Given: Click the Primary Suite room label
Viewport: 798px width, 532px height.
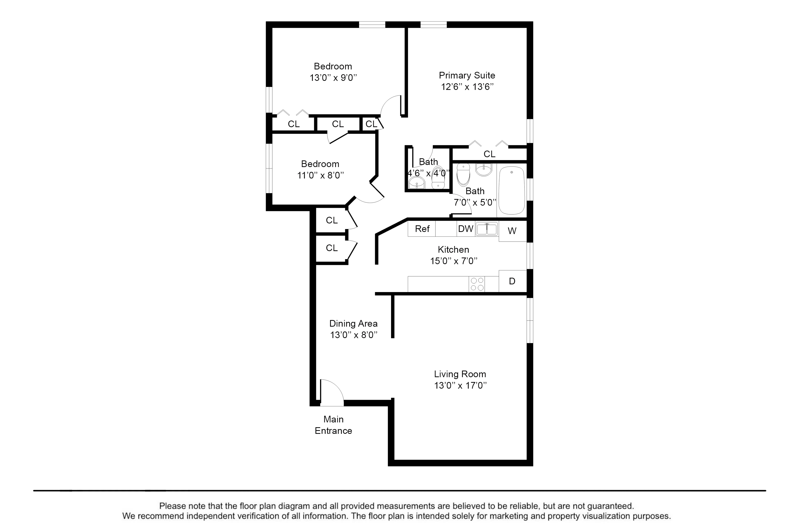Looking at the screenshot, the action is pyautogui.click(x=467, y=75).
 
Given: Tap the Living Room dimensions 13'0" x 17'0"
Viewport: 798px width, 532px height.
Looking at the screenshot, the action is pyautogui.click(x=460, y=385).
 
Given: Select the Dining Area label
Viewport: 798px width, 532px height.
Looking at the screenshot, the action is pyautogui.click(x=353, y=323).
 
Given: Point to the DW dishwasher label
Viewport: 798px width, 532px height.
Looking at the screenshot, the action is pyautogui.click(x=465, y=229).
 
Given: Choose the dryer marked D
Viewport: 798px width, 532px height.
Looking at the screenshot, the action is pyautogui.click(x=512, y=281).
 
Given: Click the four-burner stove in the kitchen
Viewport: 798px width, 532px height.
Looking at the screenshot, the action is pyautogui.click(x=477, y=284).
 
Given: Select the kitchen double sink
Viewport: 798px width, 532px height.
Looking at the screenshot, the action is pyautogui.click(x=487, y=229).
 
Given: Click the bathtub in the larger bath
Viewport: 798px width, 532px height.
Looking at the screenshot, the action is pyautogui.click(x=512, y=190).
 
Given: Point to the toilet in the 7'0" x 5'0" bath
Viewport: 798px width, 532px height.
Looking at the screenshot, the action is pyautogui.click(x=463, y=174).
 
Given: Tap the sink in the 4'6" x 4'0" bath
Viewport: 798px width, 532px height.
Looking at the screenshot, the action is pyautogui.click(x=417, y=183).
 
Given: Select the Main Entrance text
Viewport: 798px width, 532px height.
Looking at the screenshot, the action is pyautogui.click(x=333, y=425).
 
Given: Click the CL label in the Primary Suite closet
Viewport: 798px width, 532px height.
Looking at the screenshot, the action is pyautogui.click(x=489, y=154).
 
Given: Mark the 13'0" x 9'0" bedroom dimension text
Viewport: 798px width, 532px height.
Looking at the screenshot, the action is pyautogui.click(x=333, y=78).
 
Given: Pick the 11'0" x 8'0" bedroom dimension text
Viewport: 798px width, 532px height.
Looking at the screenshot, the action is pyautogui.click(x=321, y=175).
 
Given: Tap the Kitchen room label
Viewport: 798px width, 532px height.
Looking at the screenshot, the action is pyautogui.click(x=453, y=250).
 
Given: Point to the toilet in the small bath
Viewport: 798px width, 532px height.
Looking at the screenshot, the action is pyautogui.click(x=438, y=177).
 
